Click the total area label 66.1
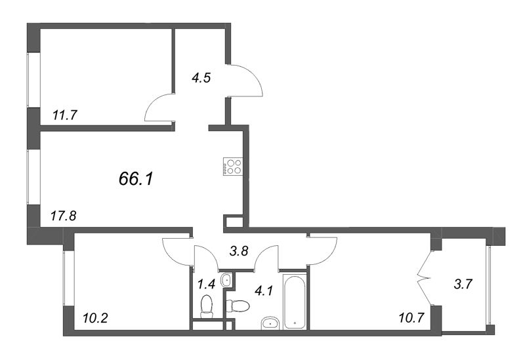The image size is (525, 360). (x=136, y=178)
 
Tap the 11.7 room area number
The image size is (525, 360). (x=65, y=115)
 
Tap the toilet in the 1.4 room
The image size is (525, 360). (x=207, y=306)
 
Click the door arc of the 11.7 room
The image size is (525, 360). (x=158, y=108)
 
